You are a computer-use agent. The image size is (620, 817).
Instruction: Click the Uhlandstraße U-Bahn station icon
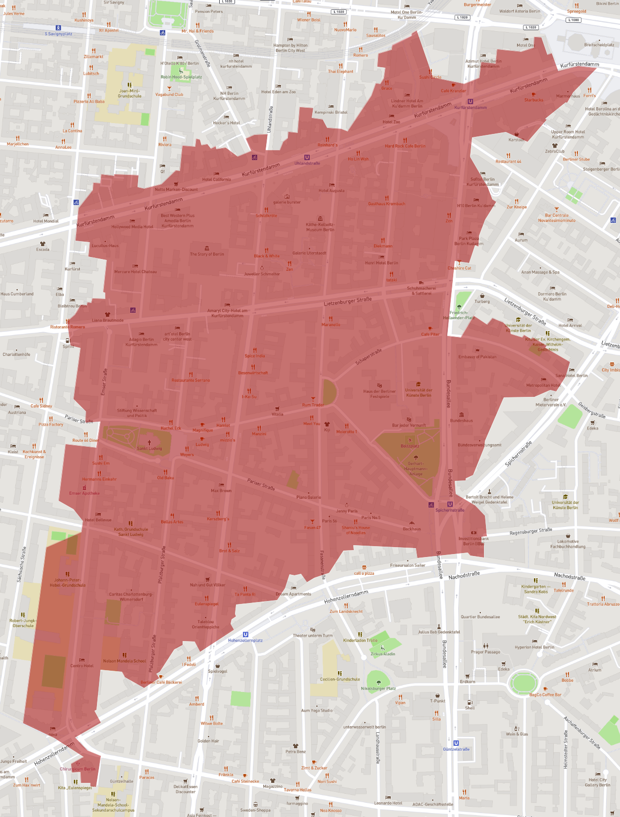click(x=307, y=157)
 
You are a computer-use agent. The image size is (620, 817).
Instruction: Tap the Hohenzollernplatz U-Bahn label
click(x=245, y=640)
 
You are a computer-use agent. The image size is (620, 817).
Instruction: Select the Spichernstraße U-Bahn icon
click(x=450, y=504)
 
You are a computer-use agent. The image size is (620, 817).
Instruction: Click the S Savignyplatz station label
click(x=58, y=34)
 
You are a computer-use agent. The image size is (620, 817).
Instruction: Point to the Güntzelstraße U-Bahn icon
click(x=456, y=743)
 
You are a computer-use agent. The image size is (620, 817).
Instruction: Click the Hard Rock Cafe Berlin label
click(x=405, y=146)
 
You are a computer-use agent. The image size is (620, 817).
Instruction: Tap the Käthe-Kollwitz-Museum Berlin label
click(x=320, y=227)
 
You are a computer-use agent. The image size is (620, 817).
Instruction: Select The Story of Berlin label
click(x=207, y=254)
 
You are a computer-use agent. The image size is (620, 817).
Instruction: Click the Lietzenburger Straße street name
click(x=347, y=301)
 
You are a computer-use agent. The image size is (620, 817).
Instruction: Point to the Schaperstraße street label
click(x=369, y=357)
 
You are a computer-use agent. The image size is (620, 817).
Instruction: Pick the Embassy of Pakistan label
click(x=477, y=356)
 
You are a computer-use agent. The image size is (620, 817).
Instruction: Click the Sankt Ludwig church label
click(x=149, y=448)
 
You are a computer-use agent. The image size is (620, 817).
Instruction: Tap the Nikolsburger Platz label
click(x=378, y=688)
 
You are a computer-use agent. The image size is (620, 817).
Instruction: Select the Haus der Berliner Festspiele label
click(x=380, y=394)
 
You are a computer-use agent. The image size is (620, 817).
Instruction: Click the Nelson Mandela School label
click(x=124, y=661)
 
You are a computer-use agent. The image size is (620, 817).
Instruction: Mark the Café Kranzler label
click(x=453, y=90)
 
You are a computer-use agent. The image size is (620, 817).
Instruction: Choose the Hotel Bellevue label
click(x=98, y=519)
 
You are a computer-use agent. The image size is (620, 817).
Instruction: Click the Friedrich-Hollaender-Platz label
click(x=459, y=315)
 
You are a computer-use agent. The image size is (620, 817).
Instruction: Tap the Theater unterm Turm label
click(x=312, y=636)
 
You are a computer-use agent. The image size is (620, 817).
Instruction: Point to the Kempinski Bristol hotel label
click(x=331, y=112)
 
